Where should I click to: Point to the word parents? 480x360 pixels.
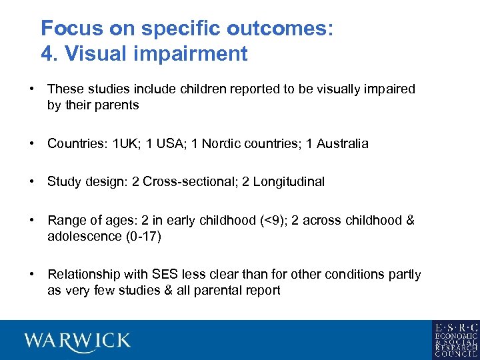pyautogui.click(x=117, y=105)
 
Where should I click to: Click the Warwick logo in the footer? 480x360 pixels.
pyautogui.click(x=78, y=340)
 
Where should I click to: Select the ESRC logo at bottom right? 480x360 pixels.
pyautogui.click(x=455, y=339)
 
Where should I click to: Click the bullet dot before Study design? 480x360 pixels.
pyautogui.click(x=32, y=181)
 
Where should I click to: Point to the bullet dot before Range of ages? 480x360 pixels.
pyautogui.click(x=32, y=220)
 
